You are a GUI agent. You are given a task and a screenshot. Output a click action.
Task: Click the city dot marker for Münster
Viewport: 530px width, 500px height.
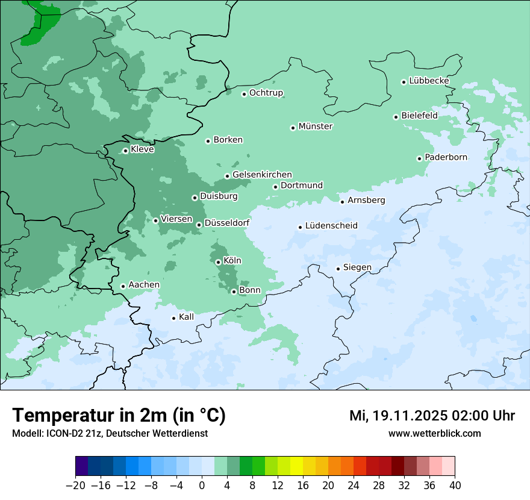coord(293,128)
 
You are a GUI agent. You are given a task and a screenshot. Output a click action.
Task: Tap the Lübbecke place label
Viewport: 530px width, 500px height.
coord(429,81)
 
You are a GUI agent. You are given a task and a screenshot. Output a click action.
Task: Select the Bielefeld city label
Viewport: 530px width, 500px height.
coord(419,115)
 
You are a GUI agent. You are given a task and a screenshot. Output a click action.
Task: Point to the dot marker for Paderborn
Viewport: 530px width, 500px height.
coord(419,158)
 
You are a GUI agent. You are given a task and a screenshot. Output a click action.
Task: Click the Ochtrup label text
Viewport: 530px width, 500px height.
coord(266,93)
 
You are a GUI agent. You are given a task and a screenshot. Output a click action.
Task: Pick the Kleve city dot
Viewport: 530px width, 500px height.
coord(125,151)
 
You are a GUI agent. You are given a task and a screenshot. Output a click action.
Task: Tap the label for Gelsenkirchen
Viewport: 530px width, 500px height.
coord(262,175)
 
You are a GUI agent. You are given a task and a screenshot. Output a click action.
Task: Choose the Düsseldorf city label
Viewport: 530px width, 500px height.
coord(227,223)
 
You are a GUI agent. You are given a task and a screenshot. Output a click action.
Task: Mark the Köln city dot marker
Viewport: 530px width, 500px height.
coord(218,262)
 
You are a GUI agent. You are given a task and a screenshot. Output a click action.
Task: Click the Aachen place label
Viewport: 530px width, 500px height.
coord(144,285)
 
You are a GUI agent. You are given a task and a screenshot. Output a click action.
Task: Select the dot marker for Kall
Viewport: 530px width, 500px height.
coord(174,318)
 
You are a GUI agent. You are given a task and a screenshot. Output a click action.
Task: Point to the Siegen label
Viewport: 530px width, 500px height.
coord(357,267)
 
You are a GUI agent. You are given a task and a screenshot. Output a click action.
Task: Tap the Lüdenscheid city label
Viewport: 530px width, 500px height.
coord(331,226)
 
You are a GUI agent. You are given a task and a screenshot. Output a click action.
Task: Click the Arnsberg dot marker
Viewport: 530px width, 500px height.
coord(342,202)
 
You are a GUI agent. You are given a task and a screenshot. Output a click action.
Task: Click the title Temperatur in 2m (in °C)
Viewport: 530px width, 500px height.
coord(119,415)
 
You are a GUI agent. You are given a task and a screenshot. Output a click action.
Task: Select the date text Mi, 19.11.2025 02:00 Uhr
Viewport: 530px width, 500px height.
coord(432,416)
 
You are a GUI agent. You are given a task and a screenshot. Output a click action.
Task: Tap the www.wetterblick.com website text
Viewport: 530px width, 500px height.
coord(434,434)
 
